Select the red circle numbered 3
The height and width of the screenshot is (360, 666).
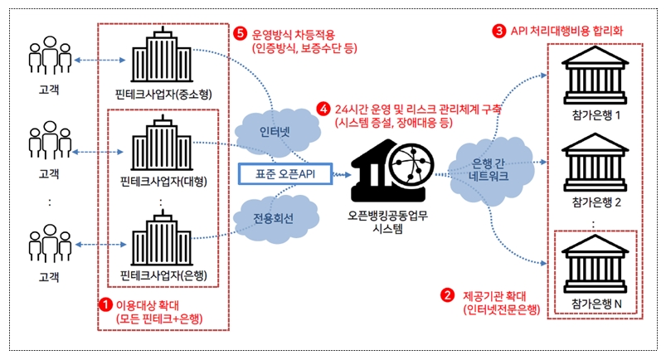pyautogui.click(x=498, y=31)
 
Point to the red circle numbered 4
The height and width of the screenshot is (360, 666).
pyautogui.click(x=324, y=109)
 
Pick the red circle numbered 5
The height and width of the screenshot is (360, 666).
pyautogui.click(x=241, y=34)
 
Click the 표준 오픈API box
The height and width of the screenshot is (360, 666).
pyautogui.click(x=284, y=174)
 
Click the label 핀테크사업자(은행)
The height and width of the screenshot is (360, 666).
pyautogui.click(x=164, y=275)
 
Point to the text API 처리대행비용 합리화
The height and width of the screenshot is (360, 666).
pyautogui.click(x=572, y=32)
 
